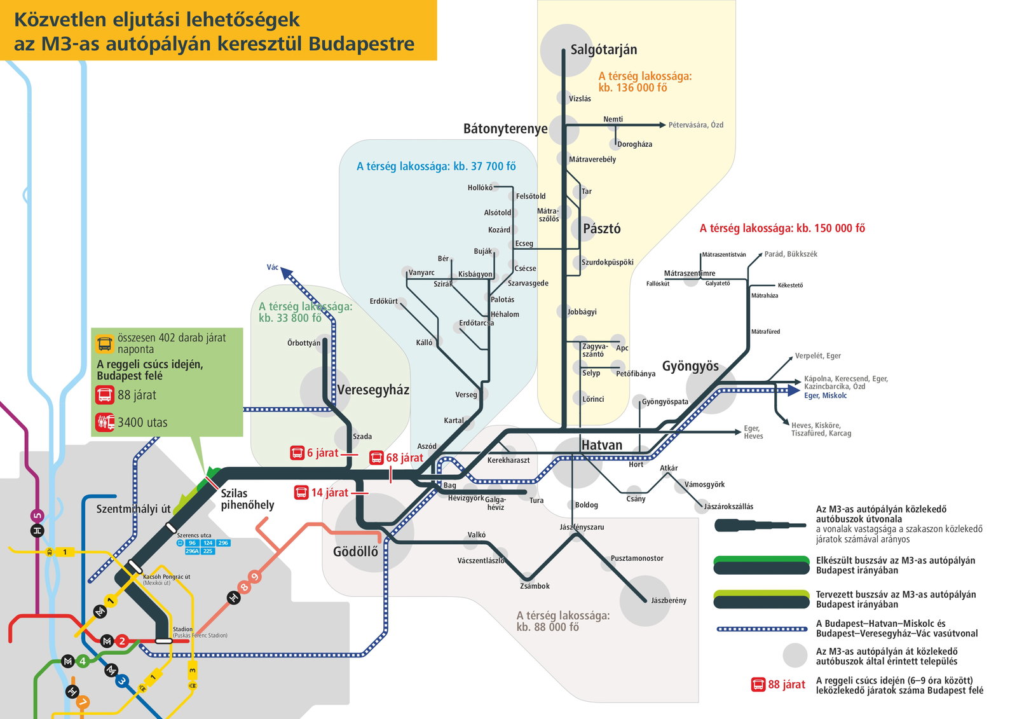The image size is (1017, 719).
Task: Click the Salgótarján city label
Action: coord(603,50)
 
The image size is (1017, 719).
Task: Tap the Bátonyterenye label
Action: coord(505,129)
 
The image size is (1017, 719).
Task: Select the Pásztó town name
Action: coord(601,228)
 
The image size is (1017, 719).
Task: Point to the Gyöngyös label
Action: coord(690,367)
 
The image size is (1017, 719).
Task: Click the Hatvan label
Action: coord(601,445)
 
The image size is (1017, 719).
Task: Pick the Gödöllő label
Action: coord(355,552)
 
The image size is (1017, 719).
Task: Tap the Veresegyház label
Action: coord(373,390)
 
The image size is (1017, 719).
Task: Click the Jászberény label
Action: coord(668,601)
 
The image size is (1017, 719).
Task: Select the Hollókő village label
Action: coord(480,188)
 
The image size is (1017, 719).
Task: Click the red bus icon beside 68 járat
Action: coord(376,457)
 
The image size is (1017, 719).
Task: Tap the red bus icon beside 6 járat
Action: coord(297,453)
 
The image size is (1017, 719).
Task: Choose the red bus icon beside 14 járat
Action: coord(301,492)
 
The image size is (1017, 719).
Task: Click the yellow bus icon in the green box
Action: coord(104,344)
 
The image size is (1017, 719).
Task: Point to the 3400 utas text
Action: coord(142,423)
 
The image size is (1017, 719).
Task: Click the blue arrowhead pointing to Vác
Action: coord(286,273)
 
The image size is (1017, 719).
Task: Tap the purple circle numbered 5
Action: coord(38,516)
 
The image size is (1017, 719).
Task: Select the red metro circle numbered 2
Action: coord(121,641)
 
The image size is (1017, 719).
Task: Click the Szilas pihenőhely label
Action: coord(247,499)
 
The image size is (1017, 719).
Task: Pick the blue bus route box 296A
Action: coord(192,551)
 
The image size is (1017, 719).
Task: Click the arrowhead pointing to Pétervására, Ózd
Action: coord(662,125)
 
